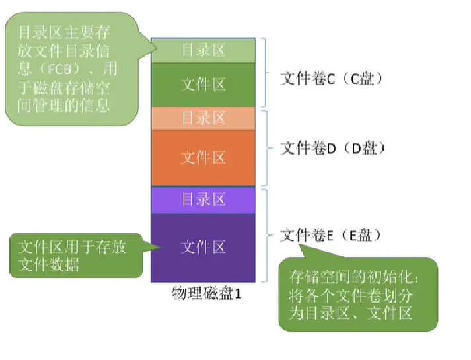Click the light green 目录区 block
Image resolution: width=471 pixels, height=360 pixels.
(203, 50)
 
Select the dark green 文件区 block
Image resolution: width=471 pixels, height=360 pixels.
(203, 84)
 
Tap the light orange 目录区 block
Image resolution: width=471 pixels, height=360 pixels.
(203, 118)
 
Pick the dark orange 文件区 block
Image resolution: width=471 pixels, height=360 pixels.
(203, 157)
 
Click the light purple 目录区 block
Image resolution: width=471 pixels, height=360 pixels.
(203, 199)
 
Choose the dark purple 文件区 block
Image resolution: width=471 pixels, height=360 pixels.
(203, 247)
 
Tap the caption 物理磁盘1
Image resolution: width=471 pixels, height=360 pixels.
(207, 293)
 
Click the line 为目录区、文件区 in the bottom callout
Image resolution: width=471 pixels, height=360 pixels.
(351, 312)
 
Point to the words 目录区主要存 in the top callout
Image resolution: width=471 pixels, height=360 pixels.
(63, 32)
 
